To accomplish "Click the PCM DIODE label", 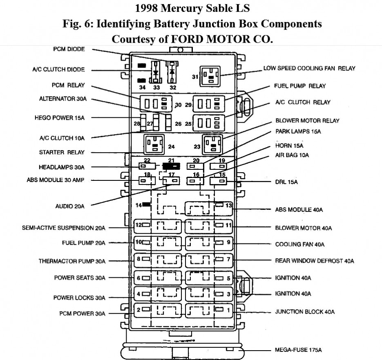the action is click(x=69, y=49).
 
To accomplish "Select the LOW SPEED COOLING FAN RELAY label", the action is click(x=309, y=68).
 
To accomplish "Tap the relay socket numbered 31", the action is click(x=210, y=76).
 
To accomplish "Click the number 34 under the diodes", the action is click(x=142, y=87).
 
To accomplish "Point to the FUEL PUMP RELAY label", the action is click(x=300, y=86).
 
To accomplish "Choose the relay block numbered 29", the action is click(x=209, y=103).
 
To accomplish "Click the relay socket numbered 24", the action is click(x=154, y=144).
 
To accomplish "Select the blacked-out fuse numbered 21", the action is click(x=171, y=166).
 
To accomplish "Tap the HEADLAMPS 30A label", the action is click(x=62, y=167).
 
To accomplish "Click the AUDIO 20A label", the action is click(x=70, y=206).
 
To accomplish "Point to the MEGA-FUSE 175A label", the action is click(x=298, y=350).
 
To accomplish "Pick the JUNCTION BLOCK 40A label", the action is click(x=305, y=312).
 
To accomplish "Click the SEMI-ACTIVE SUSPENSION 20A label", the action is click(x=64, y=228).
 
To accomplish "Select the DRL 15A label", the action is click(x=286, y=182).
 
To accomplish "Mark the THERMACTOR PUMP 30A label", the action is click(x=72, y=261).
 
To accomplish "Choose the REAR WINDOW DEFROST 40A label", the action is click(x=315, y=261).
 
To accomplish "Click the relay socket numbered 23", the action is click(x=213, y=144).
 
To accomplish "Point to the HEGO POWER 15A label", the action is click(x=59, y=118).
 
